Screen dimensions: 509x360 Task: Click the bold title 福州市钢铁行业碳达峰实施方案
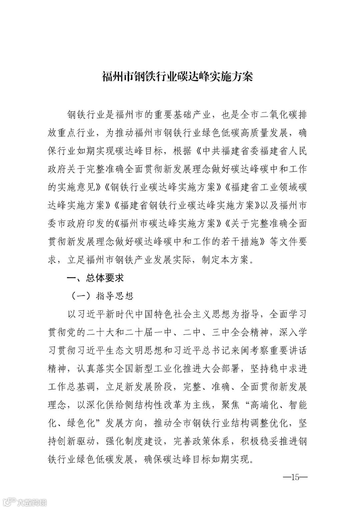pyautogui.click(x=177, y=76)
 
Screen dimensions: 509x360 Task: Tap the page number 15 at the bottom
pyautogui.click(x=295, y=477)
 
